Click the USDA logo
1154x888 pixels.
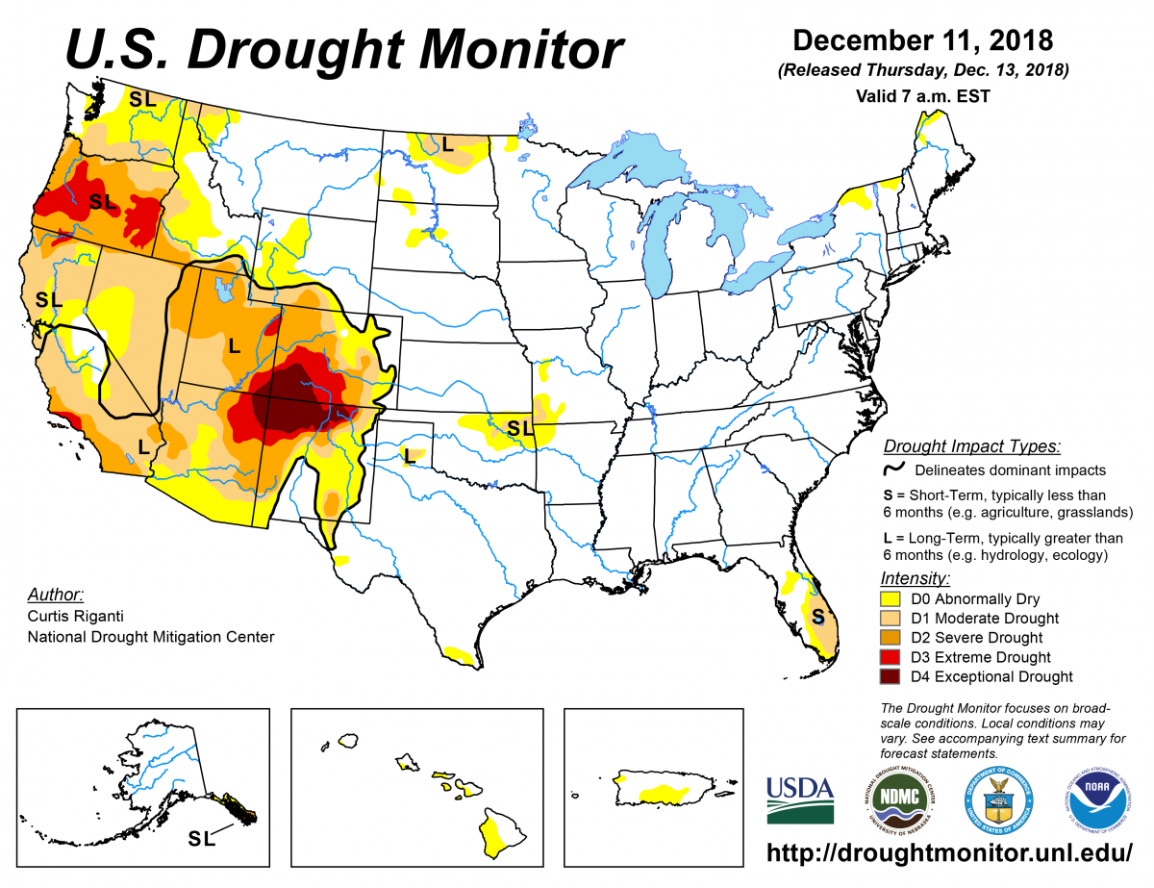point(799,799)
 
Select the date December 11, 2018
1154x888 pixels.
point(922,42)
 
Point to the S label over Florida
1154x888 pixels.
point(817,617)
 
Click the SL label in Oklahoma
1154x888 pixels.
point(519,427)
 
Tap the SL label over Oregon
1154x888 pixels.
point(103,202)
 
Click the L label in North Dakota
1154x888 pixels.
point(446,144)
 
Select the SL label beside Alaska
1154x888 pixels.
point(201,839)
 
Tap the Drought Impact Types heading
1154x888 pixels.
point(972,446)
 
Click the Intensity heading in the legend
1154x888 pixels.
point(916,578)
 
